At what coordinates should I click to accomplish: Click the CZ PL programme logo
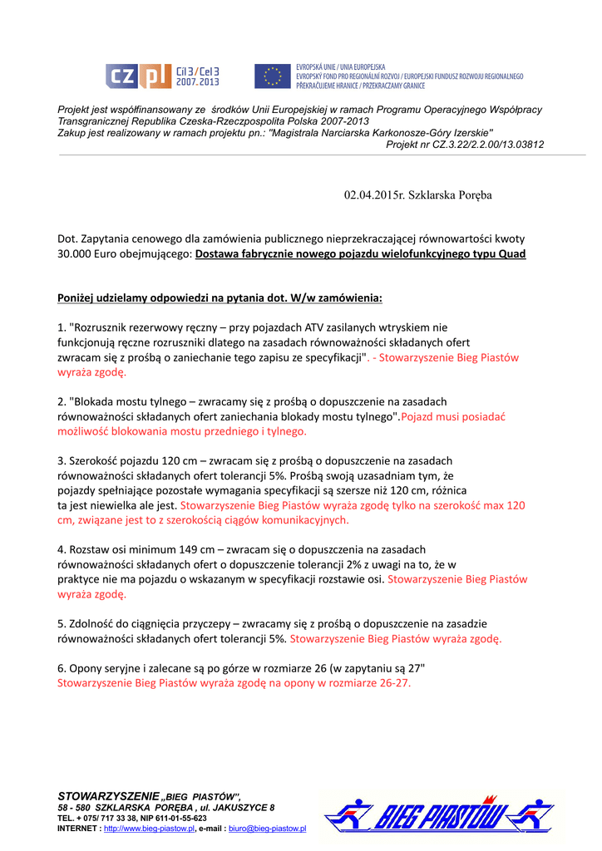(x=162, y=76)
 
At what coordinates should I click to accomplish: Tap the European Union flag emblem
(x=272, y=76)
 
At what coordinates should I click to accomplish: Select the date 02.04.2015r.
(x=375, y=194)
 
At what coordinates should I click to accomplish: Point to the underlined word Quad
(x=511, y=254)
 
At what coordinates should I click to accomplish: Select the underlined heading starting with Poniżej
(x=220, y=297)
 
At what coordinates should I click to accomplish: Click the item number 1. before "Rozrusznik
(x=62, y=328)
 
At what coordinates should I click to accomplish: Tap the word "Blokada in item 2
(x=97, y=401)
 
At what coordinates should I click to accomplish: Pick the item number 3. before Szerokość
(x=62, y=460)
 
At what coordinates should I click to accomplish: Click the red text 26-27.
(x=393, y=683)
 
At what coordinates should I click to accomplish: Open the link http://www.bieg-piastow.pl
(x=148, y=829)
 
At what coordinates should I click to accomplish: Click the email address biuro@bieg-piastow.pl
(x=267, y=829)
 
